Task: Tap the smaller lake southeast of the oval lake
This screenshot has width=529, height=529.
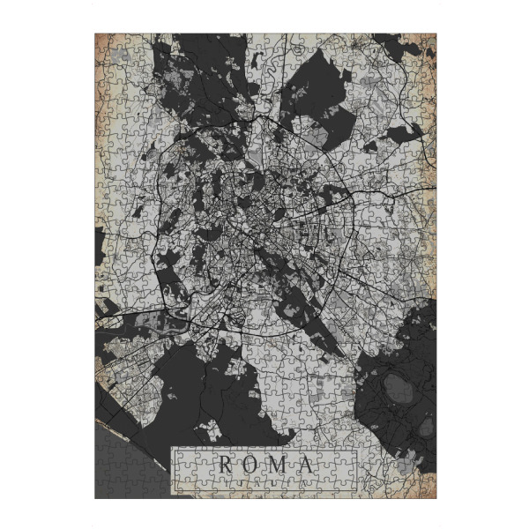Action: (426, 427)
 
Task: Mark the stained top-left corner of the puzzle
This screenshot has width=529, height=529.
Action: (102, 41)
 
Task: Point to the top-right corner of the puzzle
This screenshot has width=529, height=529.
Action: (433, 35)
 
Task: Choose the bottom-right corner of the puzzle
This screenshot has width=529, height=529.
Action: (433, 496)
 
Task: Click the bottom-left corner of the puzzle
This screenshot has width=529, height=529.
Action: (96, 496)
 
